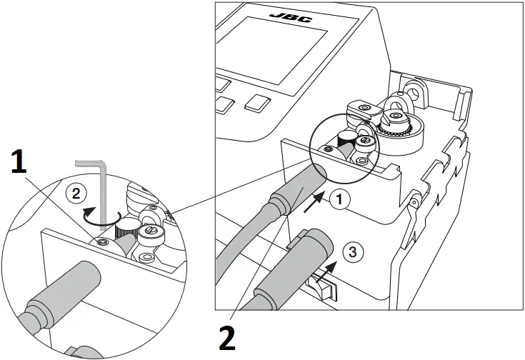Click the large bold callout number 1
pos(21,162)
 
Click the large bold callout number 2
pos(226,337)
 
